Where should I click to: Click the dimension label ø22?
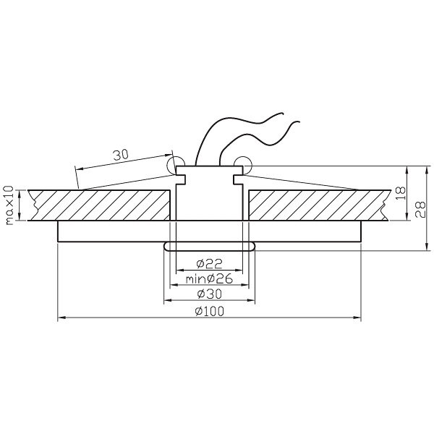coord(210,264)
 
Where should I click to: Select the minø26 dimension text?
coord(209,279)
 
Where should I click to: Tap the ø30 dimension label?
coord(210,294)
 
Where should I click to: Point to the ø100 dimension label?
coord(209,312)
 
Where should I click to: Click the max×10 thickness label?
coord(9,205)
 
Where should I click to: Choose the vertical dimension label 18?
coord(400,193)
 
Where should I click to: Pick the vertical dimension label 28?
coord(420,209)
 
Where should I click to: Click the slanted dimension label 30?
coord(121,155)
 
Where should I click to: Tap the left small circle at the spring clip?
coord(176,166)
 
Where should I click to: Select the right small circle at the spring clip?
coord(243,166)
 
